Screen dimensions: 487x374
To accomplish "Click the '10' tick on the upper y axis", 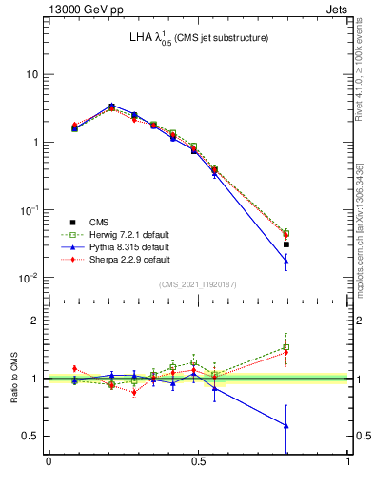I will click(x=31, y=74).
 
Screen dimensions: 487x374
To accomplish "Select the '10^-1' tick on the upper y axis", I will click(x=28, y=210).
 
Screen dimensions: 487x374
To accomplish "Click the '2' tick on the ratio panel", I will click(x=37, y=321).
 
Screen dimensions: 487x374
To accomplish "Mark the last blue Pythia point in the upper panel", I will click(x=285, y=261).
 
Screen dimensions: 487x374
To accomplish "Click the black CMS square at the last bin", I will click(x=285, y=244).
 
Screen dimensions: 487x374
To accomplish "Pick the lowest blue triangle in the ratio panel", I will click(x=285, y=425).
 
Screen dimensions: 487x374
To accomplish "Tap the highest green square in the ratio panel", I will click(x=285, y=347).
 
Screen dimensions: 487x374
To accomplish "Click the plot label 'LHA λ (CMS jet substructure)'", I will click(x=199, y=38).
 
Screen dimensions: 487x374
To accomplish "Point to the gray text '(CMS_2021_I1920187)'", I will click(x=198, y=284).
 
